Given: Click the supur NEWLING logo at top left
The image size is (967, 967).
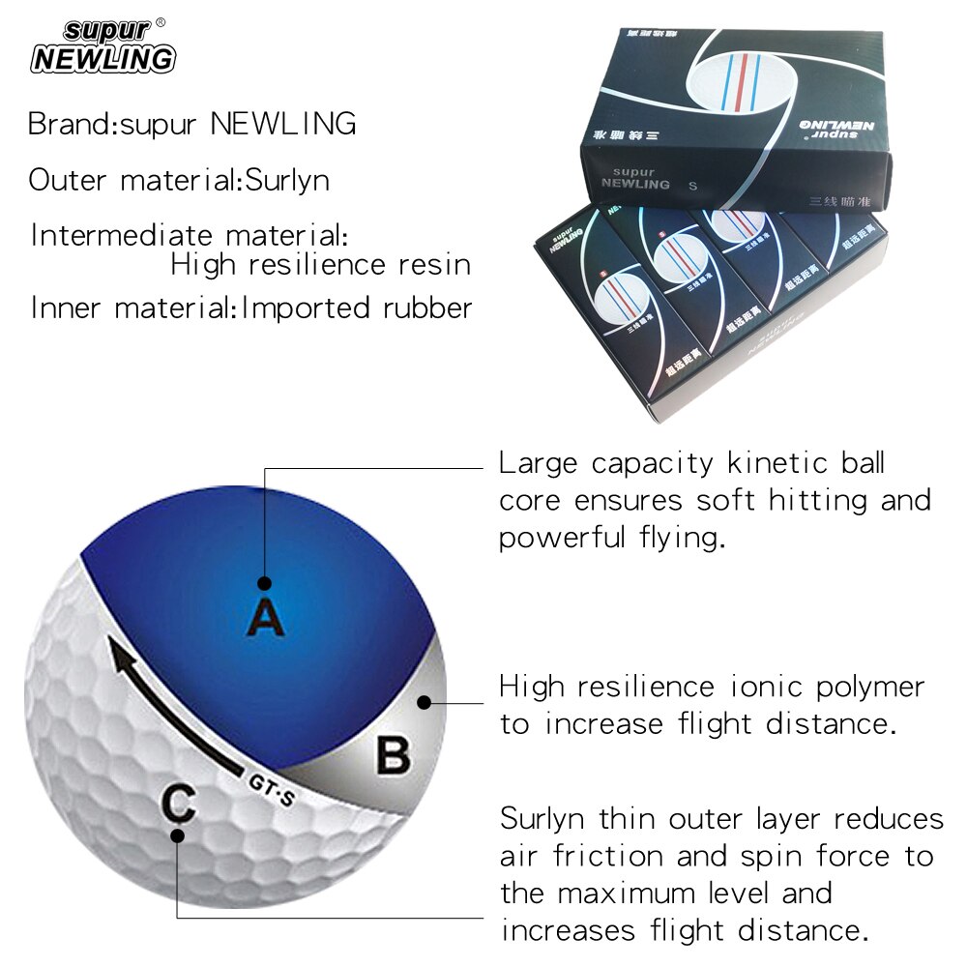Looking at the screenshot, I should pos(103,46).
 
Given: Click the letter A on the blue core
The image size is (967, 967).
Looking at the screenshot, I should pos(266,617).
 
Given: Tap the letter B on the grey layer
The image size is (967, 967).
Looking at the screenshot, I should pos(393,755).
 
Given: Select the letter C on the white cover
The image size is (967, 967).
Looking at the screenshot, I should pos(179,802).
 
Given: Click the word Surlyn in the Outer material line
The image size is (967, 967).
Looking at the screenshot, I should pos(286,180).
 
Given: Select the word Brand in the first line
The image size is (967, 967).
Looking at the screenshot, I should pos(69,124).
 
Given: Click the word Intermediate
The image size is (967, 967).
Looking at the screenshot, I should pos(123,236).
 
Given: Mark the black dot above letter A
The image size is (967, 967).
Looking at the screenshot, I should pos(264,583).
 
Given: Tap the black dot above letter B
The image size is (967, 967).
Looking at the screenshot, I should pos(424,703).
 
